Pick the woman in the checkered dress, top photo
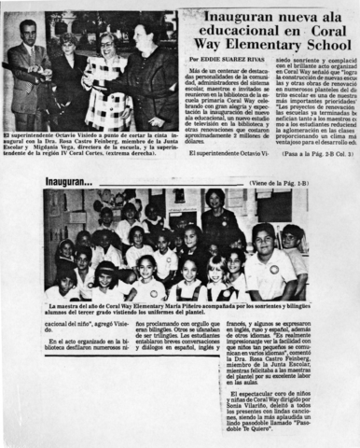104,79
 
